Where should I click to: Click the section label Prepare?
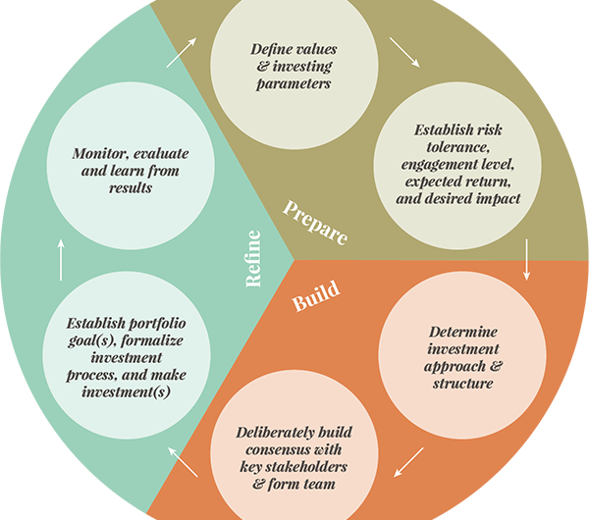click(x=315, y=222)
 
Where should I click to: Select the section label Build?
click(x=316, y=296)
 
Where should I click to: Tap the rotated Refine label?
click(x=253, y=261)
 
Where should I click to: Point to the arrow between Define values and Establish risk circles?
click(x=404, y=53)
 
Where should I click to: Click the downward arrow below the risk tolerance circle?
click(x=528, y=259)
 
